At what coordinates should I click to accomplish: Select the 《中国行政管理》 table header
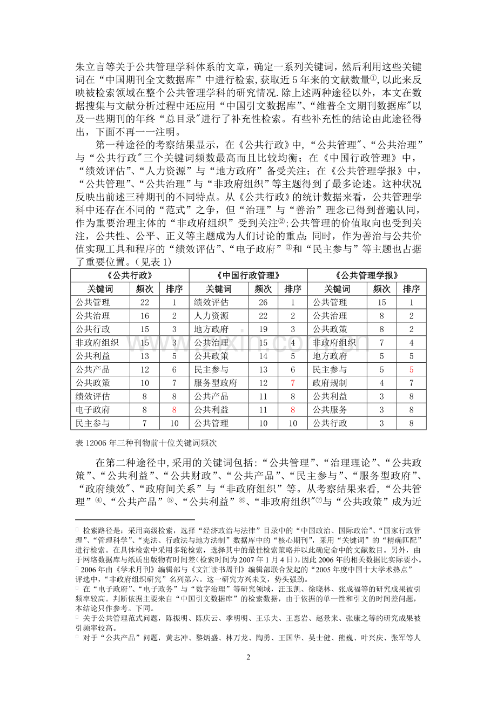pos(248,275)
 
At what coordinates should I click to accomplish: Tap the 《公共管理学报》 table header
pos(367,275)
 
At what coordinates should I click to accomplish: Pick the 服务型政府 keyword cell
pos(216,383)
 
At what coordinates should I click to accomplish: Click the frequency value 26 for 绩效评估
pos(263,302)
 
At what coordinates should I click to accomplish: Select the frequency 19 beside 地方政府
pos(263,329)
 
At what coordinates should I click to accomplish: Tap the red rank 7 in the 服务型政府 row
pos(293,383)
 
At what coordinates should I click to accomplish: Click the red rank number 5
pos(411,370)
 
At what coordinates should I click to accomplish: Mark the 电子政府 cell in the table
pos(92,410)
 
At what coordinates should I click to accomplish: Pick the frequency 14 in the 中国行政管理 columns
pos(263,356)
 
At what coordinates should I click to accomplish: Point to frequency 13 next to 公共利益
pos(145,356)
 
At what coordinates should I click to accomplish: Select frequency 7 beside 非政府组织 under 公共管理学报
pos(382,343)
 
